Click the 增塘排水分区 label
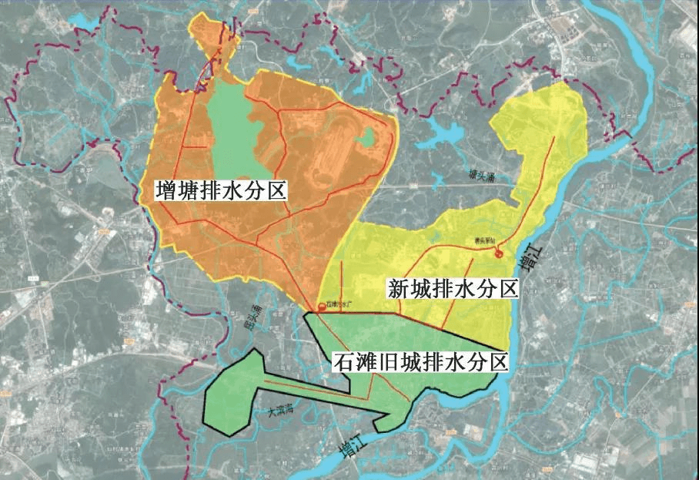(x=221, y=190)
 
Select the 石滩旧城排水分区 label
(x=421, y=361)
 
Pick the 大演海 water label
(x=281, y=412)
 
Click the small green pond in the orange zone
(x=367, y=138)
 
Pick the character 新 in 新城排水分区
(x=398, y=289)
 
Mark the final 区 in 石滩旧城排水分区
(x=500, y=361)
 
